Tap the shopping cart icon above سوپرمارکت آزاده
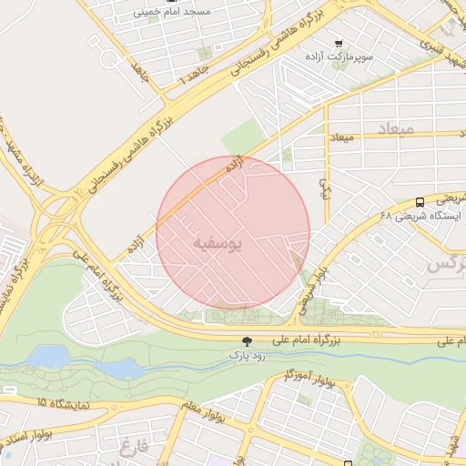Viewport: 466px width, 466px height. [x=339, y=43]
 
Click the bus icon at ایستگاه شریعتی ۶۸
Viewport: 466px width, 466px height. [x=420, y=202]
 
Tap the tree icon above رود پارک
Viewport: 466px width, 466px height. [x=247, y=340]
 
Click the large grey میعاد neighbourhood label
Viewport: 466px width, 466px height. [x=394, y=131]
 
